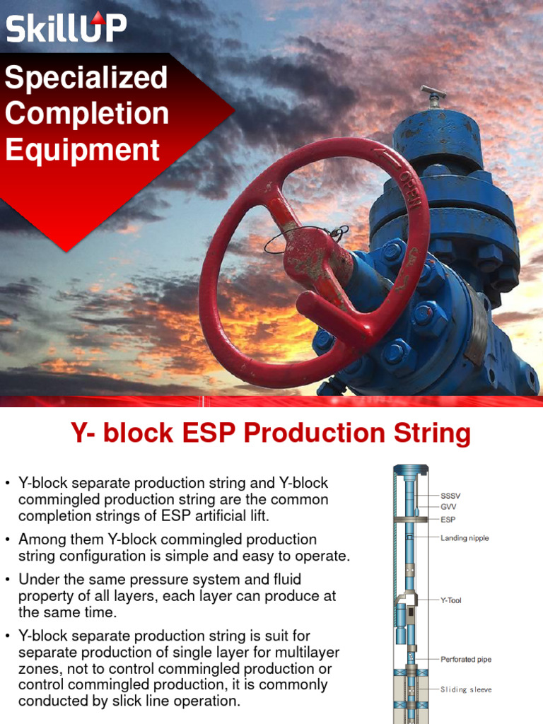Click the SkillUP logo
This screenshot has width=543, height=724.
[x=66, y=28]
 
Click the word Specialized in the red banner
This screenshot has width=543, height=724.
[x=86, y=78]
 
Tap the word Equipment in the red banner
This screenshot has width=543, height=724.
[x=82, y=150]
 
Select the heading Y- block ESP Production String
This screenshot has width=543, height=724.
[x=271, y=433]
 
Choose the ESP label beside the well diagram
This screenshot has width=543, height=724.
[x=449, y=519]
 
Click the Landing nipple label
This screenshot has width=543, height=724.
[x=465, y=538]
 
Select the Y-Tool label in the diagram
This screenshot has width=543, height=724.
[x=450, y=600]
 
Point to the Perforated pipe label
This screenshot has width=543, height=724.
[x=465, y=660]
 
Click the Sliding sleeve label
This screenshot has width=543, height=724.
[x=465, y=689]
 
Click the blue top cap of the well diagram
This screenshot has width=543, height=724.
[x=411, y=470]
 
